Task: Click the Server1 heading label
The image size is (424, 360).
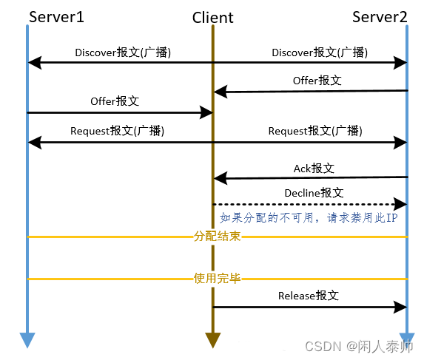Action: point(56,16)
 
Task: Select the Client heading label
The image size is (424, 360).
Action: point(212,18)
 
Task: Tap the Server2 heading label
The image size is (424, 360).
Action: point(380,16)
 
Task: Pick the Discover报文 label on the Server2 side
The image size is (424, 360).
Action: point(320,52)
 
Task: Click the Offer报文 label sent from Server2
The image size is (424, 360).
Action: point(317,81)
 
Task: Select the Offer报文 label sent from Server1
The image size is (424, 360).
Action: point(115,101)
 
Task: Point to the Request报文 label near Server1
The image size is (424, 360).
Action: point(117,130)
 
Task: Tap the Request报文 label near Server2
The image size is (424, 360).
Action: point(315,130)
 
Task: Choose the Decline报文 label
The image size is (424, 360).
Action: point(314,192)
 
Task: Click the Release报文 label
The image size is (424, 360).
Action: point(309,295)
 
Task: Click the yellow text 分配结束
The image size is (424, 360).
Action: point(218,237)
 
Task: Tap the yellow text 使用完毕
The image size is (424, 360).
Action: point(218,279)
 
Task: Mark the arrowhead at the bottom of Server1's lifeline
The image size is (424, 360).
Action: point(27,340)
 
